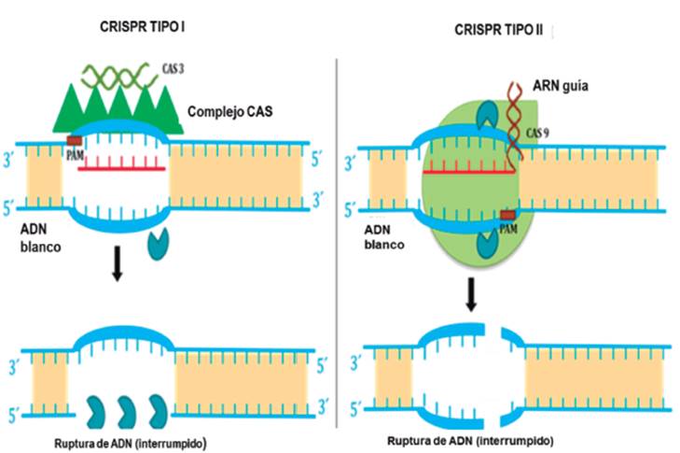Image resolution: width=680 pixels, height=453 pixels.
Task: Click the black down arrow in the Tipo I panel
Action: [117, 265]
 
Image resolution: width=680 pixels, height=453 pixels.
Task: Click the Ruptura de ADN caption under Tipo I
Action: [129, 440]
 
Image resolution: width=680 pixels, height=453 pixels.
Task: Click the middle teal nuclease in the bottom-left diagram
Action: [126, 410]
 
